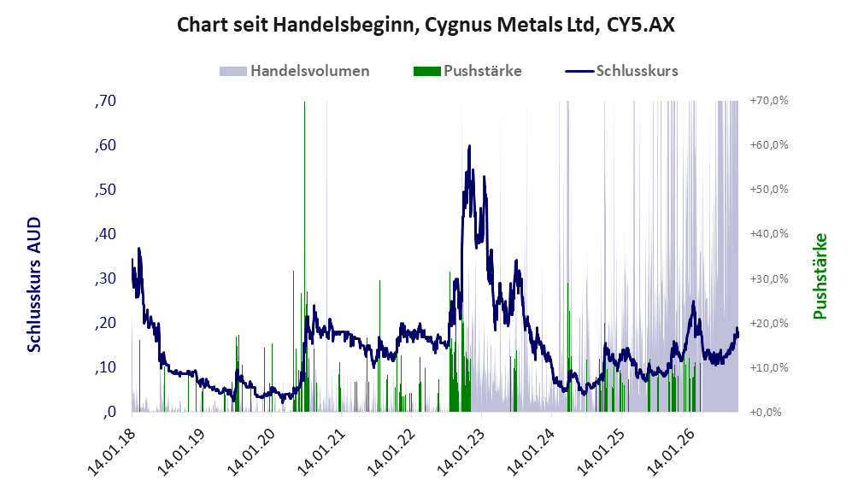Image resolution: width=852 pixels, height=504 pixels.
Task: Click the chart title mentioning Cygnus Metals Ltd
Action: [x=426, y=25]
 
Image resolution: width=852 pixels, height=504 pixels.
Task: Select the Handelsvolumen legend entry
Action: [x=295, y=71]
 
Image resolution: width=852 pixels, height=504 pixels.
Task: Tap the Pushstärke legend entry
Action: [x=467, y=71]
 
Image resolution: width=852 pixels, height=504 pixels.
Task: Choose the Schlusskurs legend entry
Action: [x=621, y=71]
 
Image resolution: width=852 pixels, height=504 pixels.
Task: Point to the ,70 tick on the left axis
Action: [x=105, y=101]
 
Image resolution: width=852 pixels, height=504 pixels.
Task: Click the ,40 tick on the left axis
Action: [x=105, y=234]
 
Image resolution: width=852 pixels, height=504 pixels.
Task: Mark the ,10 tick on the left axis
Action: [x=105, y=367]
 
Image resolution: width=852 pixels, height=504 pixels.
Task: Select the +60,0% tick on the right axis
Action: [x=769, y=145]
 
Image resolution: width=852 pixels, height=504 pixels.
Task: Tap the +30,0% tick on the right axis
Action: [x=769, y=278]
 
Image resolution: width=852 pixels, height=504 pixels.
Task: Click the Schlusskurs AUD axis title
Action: [x=34, y=284]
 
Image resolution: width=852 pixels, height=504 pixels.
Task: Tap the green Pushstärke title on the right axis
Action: [x=820, y=277]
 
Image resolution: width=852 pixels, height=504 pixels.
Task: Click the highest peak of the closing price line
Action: [x=469, y=145]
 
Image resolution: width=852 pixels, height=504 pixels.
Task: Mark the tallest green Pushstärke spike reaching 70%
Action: [x=304, y=256]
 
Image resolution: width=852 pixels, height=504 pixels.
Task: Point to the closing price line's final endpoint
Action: [x=737, y=335]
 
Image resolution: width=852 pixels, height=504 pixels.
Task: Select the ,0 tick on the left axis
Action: [x=109, y=412]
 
